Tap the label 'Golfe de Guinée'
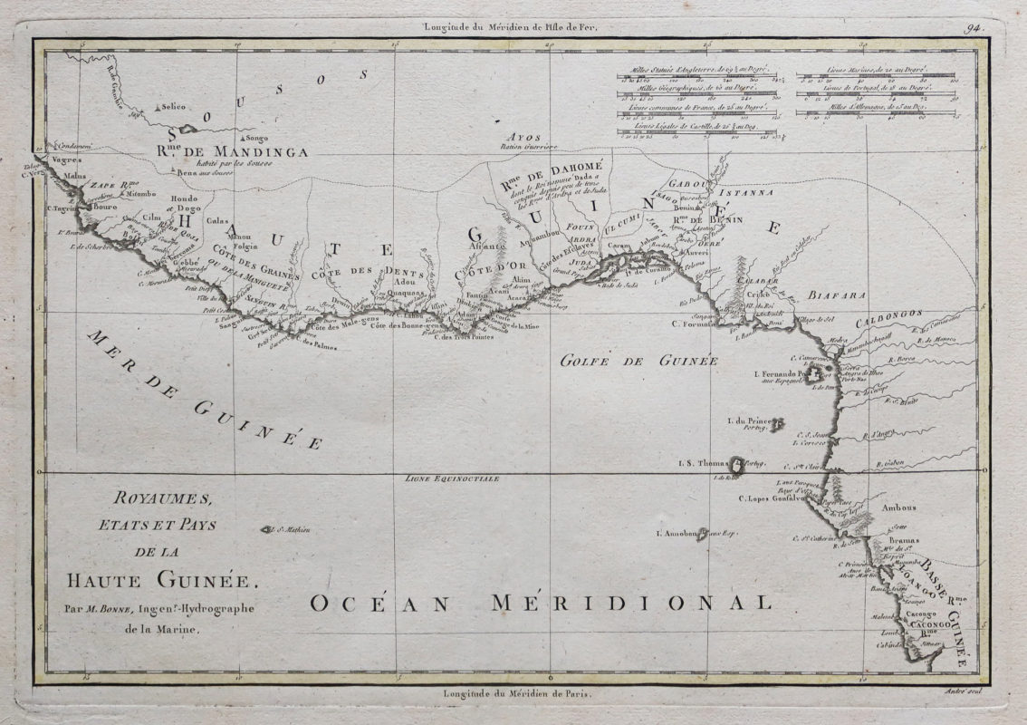click(x=638, y=361)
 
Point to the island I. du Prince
click(x=776, y=424)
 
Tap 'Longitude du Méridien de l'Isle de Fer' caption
click(x=513, y=26)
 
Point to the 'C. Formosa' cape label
click(x=696, y=324)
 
